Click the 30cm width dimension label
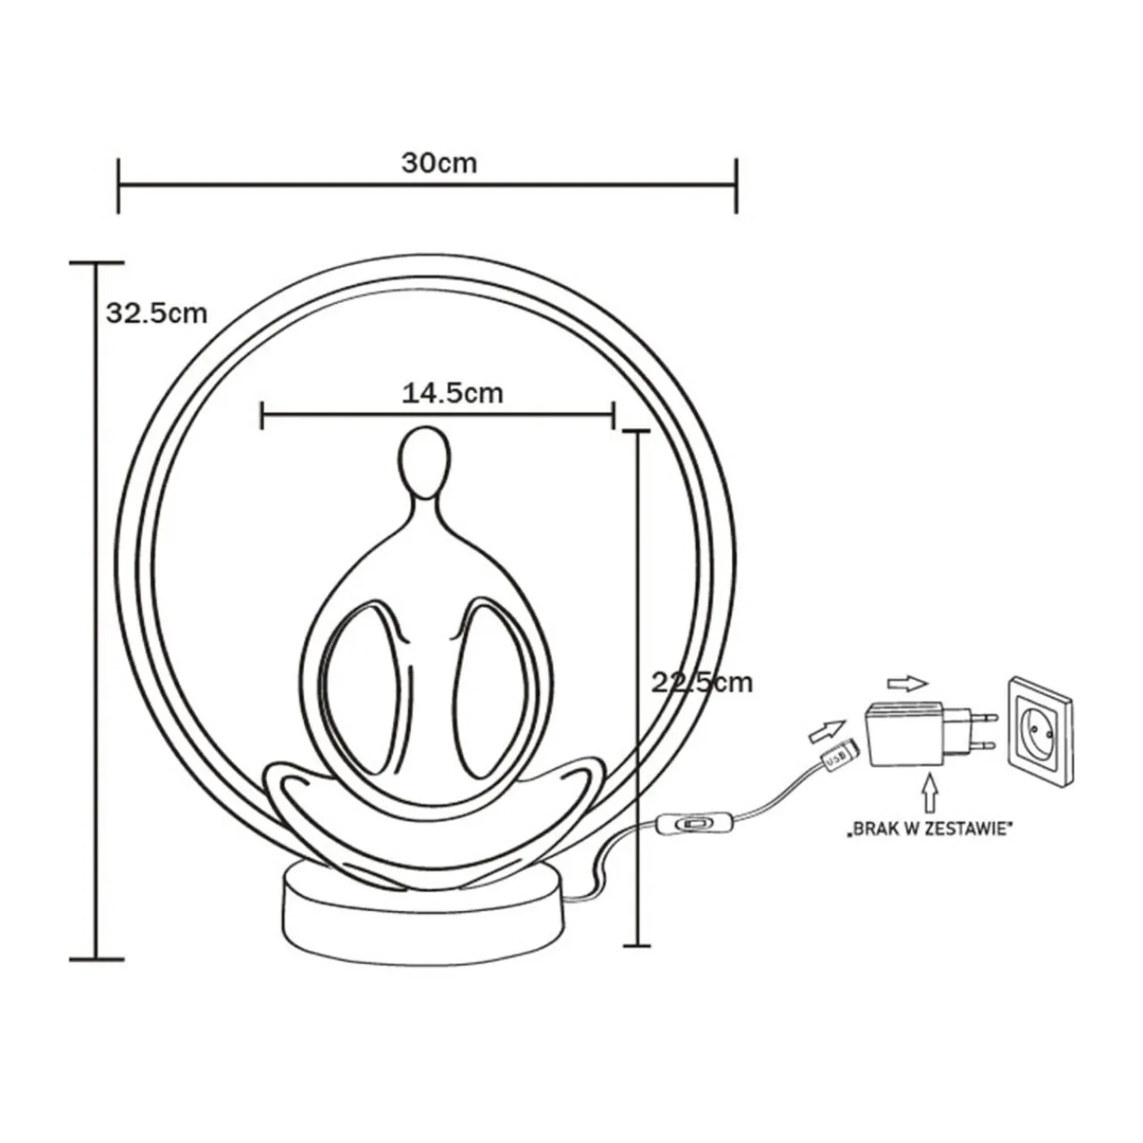point(439,163)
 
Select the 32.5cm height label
point(156,313)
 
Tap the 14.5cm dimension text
point(453,393)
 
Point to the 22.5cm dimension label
point(702,683)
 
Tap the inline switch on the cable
point(692,824)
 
